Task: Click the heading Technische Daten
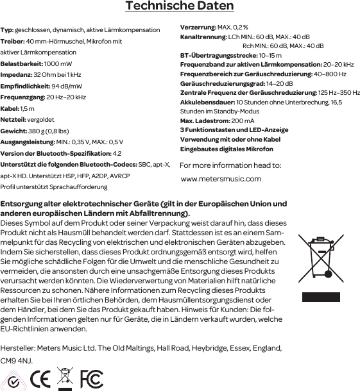tap(180, 7)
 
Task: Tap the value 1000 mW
tap(58, 64)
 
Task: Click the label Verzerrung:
tap(198, 29)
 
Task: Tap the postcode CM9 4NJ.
tap(16, 361)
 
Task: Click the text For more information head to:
tap(230, 165)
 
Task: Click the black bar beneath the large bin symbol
tap(321, 297)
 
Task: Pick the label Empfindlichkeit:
tap(25, 86)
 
